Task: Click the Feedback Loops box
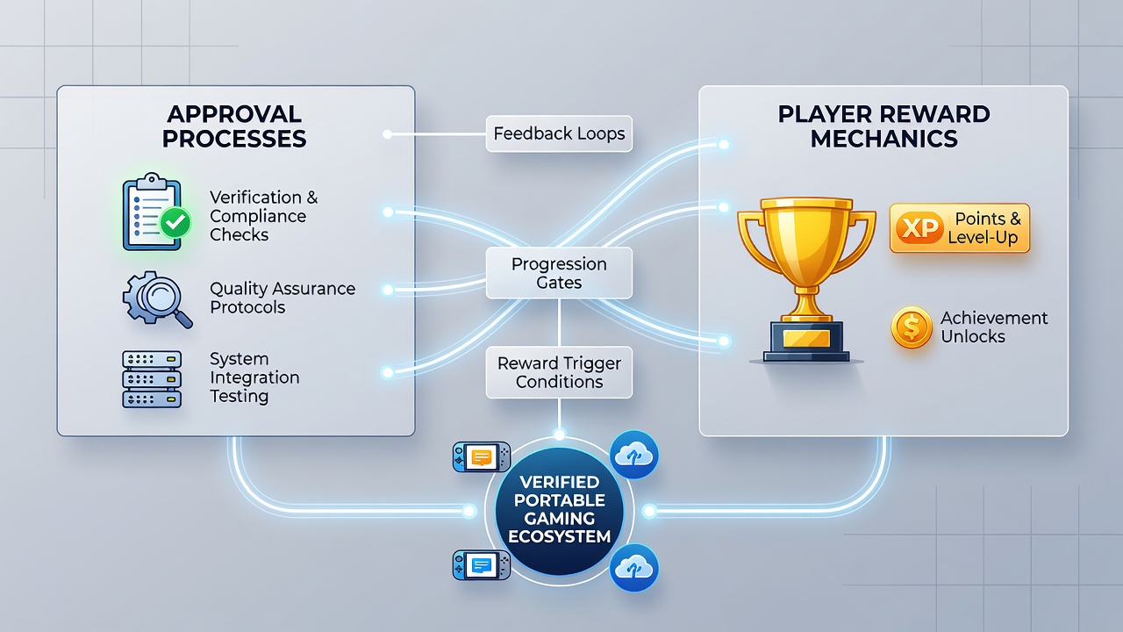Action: [x=559, y=133]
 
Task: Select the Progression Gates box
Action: [x=559, y=273]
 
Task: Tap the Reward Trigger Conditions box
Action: [x=559, y=372]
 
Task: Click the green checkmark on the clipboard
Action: [x=175, y=222]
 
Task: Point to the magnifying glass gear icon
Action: [x=157, y=299]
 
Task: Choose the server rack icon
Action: [x=152, y=378]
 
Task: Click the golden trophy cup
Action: [x=806, y=279]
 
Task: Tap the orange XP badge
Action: [x=919, y=228]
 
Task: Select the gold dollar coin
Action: [x=912, y=327]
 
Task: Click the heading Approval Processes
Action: [x=234, y=126]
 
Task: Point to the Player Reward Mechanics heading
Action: [x=883, y=126]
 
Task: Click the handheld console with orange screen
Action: [x=482, y=457]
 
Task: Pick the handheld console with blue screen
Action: [x=482, y=565]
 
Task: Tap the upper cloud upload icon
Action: [x=634, y=455]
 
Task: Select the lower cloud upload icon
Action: [x=634, y=568]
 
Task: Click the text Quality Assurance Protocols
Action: [x=283, y=298]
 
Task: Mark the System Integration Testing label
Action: [x=254, y=377]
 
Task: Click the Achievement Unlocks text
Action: [x=994, y=327]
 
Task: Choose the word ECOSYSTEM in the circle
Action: [x=560, y=536]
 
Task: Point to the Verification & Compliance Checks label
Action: [x=264, y=216]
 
